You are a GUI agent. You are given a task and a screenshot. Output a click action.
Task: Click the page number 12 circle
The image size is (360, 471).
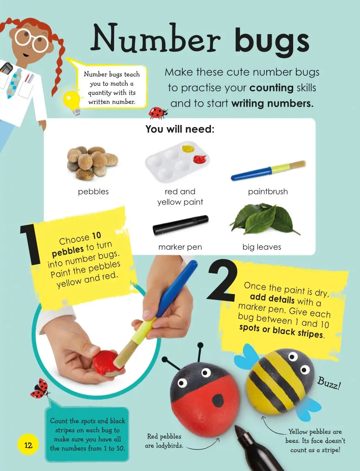pos(28,445)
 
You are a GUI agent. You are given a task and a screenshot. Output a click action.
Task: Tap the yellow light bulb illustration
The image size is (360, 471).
pos(71,101)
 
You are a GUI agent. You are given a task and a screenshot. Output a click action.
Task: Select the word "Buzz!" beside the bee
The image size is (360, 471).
pos(329,384)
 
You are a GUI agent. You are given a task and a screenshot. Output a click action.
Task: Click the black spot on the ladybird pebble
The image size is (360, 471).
pos(218,400)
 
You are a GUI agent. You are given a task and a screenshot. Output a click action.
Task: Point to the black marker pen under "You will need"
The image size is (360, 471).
pos(181,225)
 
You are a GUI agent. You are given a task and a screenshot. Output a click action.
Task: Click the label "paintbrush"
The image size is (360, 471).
pos(268,191)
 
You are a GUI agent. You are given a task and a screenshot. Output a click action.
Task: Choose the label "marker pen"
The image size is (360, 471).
pos(180,247)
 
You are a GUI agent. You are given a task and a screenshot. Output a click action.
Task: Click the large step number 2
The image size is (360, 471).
pos(222,281)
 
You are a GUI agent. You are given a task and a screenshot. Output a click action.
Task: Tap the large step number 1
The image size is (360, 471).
pos(30,244)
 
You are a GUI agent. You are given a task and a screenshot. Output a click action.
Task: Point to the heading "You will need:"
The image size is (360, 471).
pos(180,129)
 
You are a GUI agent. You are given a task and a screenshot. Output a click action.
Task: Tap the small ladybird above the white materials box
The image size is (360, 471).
pos(158,113)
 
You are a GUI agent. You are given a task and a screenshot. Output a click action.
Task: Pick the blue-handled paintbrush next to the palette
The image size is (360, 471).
pos(268,171)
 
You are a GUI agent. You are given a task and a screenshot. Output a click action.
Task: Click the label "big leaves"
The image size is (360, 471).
pos(261,247)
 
